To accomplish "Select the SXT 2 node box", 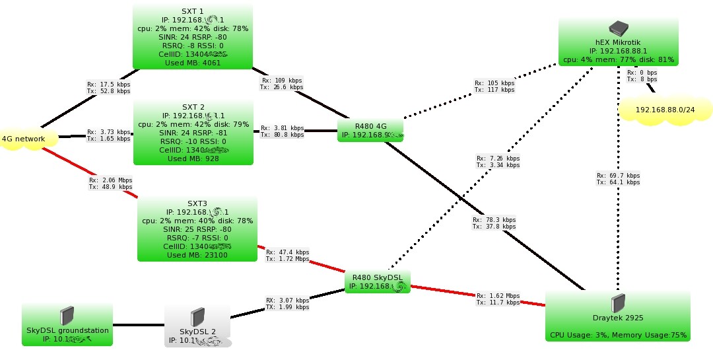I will (x=193, y=132).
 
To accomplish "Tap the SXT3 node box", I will (x=196, y=229).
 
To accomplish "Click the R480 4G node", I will (x=370, y=130).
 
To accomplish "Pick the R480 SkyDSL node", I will (x=377, y=281).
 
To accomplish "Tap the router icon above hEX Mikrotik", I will (x=618, y=28).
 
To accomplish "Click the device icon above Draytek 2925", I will (x=618, y=303).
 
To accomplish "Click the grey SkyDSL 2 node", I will (x=197, y=327).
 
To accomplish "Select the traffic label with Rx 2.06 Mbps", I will (x=110, y=183).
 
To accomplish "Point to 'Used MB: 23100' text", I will (x=196, y=255).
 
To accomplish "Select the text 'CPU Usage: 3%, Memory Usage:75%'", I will (x=618, y=335).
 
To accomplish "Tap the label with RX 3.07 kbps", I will (x=287, y=303).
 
